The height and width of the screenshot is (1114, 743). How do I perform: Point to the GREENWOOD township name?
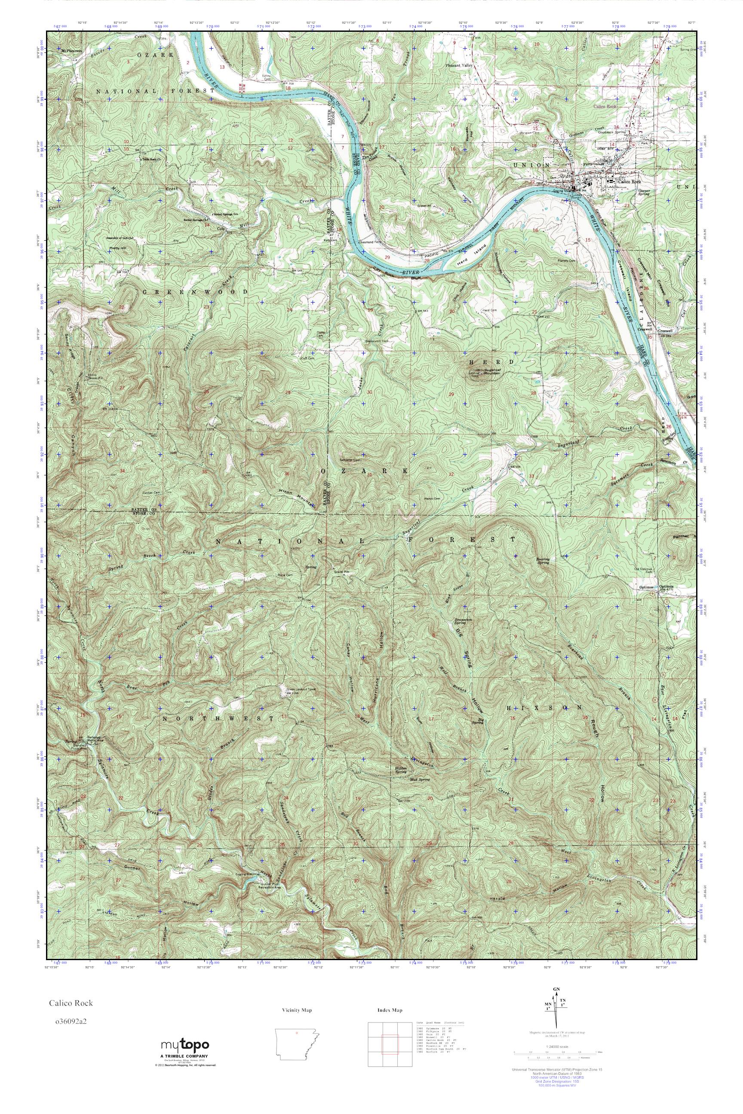pyautogui.click(x=195, y=292)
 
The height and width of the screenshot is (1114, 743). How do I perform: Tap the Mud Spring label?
pyautogui.click(x=421, y=779)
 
